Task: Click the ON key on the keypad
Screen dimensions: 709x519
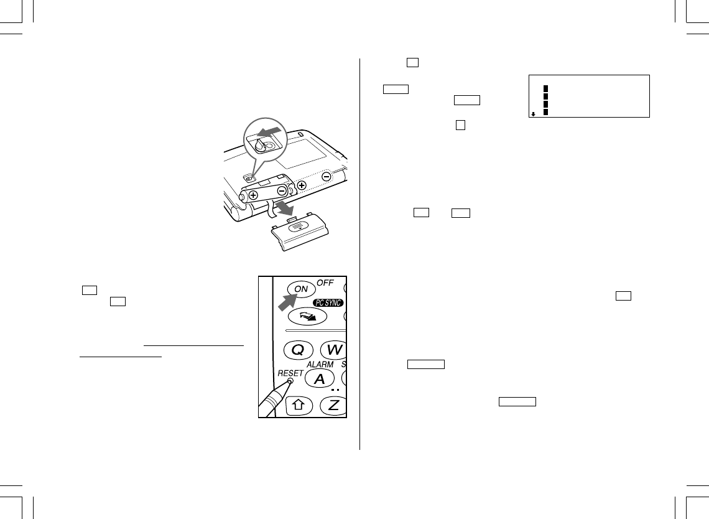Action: click(x=300, y=289)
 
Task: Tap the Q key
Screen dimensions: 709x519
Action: click(x=299, y=350)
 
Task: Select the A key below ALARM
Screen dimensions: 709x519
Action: click(x=320, y=378)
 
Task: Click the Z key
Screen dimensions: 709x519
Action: click(x=333, y=405)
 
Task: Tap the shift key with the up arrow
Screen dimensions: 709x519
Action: click(x=298, y=405)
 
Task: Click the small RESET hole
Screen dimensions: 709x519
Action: click(x=290, y=381)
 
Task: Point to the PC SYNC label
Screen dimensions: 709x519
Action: click(x=328, y=302)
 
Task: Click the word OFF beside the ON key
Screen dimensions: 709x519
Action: click(x=325, y=283)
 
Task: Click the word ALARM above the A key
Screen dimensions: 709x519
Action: click(x=320, y=364)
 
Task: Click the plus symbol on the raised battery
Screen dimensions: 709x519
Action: click(x=253, y=195)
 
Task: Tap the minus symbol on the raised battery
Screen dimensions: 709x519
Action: click(x=282, y=191)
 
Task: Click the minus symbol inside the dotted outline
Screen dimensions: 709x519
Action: click(x=327, y=177)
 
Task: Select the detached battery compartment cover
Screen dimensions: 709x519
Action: click(x=300, y=231)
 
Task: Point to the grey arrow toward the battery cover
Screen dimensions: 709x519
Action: click(x=284, y=208)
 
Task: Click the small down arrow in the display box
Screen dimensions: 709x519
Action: click(x=533, y=114)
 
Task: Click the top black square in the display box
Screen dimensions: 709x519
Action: click(x=546, y=88)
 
